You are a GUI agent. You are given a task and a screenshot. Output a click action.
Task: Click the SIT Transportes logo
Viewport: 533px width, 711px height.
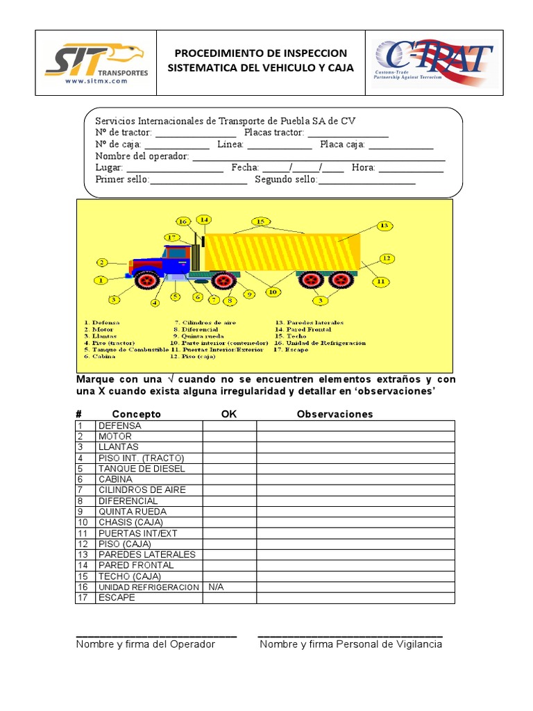click(96, 62)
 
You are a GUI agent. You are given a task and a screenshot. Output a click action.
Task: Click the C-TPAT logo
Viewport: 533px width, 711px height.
click(433, 62)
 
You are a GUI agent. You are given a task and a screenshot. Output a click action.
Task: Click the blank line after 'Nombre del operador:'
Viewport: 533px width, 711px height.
click(319, 158)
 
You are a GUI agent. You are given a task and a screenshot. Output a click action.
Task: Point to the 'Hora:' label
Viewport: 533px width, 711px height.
click(363, 168)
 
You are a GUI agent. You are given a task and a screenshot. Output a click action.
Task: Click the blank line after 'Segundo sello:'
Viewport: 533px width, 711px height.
click(366, 181)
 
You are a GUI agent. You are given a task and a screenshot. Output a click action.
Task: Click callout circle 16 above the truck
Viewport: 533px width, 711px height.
click(183, 221)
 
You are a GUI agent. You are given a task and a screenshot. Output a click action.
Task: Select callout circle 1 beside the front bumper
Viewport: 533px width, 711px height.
click(101, 281)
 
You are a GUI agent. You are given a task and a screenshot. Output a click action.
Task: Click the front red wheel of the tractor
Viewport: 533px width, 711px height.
click(147, 280)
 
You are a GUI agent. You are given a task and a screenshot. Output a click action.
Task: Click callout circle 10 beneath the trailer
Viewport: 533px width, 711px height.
click(273, 292)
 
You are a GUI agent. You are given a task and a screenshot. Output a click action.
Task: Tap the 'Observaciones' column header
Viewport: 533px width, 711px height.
click(335, 415)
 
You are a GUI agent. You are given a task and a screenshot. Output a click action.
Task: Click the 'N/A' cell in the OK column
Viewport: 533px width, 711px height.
click(216, 587)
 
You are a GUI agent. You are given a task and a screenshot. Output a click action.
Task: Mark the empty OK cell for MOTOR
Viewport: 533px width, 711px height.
click(229, 437)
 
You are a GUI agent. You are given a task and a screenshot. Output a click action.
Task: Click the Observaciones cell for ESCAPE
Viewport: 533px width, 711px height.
click(355, 598)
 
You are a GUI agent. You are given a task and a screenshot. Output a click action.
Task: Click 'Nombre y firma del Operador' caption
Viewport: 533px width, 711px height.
click(146, 644)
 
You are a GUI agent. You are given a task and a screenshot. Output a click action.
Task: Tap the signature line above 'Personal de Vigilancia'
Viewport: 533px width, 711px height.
click(350, 635)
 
